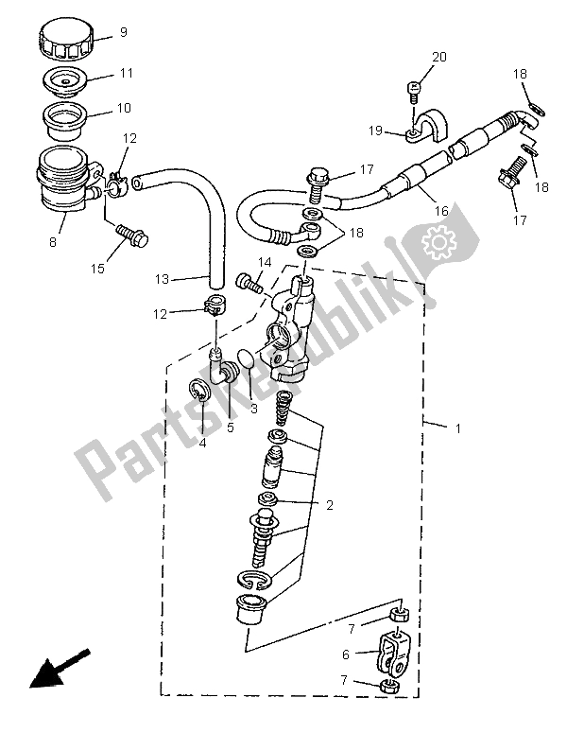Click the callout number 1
coord(458,428)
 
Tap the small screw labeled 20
coord(412,90)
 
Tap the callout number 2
coord(330,505)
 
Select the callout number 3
coord(253,410)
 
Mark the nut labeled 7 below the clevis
coord(389,685)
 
